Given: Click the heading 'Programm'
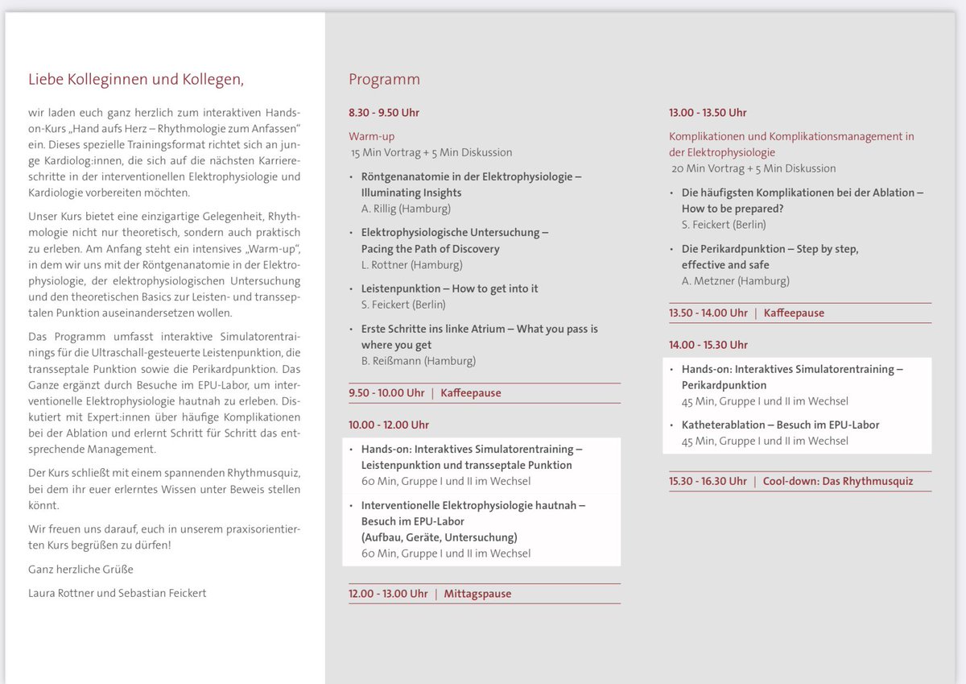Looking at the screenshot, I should [384, 79].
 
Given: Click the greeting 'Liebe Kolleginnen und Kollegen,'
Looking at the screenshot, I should [135, 79].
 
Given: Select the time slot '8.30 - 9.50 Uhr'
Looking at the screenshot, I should [384, 112].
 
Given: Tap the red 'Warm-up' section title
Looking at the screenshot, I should [371, 136].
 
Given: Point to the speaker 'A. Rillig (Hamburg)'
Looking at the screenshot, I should [407, 209].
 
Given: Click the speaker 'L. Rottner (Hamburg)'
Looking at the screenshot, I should [411, 264].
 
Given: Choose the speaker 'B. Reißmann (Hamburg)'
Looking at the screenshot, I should [418, 360].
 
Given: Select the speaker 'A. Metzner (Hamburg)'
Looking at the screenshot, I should [735, 280].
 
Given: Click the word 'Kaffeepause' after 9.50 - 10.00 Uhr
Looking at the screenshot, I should [471, 392].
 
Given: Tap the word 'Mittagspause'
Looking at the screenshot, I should [477, 594].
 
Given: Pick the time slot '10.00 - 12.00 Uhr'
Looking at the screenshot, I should [389, 425].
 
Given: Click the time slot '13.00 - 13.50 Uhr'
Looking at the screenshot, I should [708, 112].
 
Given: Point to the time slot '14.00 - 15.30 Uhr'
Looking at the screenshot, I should [708, 344].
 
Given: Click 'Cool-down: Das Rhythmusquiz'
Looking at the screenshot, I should [838, 481].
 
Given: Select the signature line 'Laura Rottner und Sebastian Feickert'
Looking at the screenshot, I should [118, 593].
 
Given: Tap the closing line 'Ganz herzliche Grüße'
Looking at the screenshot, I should [80, 569].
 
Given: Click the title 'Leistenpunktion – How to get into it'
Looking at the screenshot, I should [449, 288].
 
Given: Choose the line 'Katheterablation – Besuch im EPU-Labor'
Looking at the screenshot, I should [780, 425].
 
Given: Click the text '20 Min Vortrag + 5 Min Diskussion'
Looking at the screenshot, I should [753, 168].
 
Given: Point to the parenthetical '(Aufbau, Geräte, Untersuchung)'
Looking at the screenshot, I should [439, 537].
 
